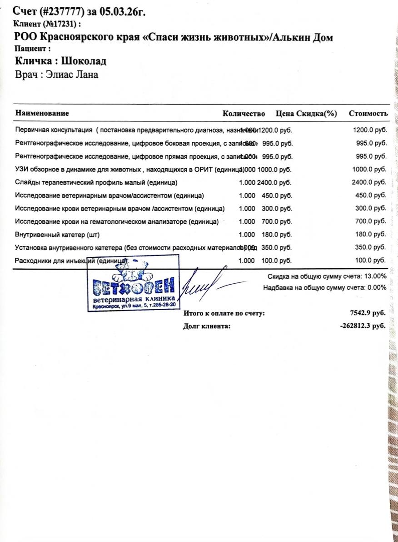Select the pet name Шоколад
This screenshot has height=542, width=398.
click(84, 61)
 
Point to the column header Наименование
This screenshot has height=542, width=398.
click(42, 113)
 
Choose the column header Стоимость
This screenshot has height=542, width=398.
click(368, 113)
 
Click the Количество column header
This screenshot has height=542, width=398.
click(244, 113)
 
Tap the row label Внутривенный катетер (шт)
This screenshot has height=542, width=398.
click(57, 235)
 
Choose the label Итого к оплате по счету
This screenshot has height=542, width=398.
click(224, 313)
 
